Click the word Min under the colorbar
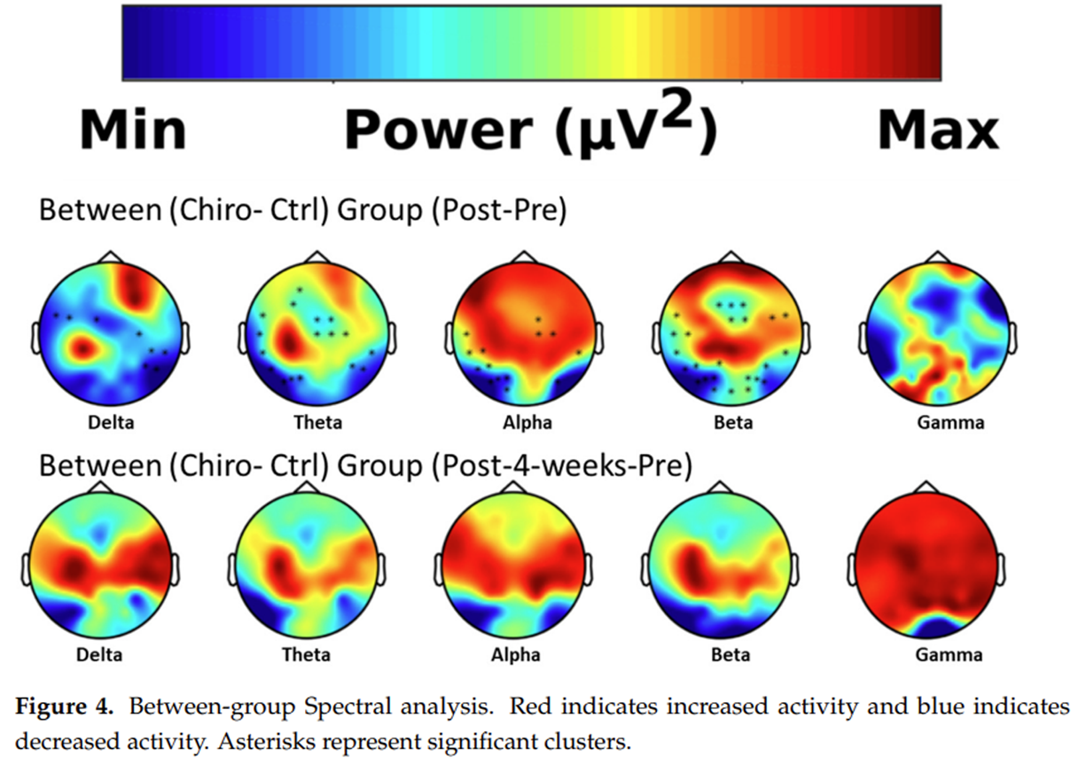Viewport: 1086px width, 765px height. (x=133, y=130)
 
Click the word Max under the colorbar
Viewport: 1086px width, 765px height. (x=939, y=130)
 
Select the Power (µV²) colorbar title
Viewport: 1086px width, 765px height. (x=530, y=125)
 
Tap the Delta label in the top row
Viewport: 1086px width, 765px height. (x=111, y=422)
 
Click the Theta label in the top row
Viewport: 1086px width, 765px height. (x=318, y=422)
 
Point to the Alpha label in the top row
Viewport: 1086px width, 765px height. (x=527, y=423)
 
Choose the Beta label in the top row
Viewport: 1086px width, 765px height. (x=733, y=422)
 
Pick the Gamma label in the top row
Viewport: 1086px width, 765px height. (x=950, y=422)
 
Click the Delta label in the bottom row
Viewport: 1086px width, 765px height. (x=99, y=654)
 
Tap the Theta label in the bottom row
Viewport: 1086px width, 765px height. (x=307, y=654)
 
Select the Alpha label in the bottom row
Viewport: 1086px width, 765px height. (x=515, y=655)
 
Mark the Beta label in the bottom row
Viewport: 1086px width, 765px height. (x=731, y=654)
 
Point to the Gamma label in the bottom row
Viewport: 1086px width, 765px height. (x=949, y=654)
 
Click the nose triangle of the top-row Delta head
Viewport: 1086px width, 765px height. (x=111, y=257)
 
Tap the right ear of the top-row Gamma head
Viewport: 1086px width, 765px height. (x=1012, y=339)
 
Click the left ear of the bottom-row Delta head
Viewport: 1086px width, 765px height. (x=25, y=570)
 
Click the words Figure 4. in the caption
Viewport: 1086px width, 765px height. (x=64, y=706)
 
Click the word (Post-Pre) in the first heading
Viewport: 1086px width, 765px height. (x=498, y=211)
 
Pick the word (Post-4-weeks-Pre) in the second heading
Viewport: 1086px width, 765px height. (x=561, y=466)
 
